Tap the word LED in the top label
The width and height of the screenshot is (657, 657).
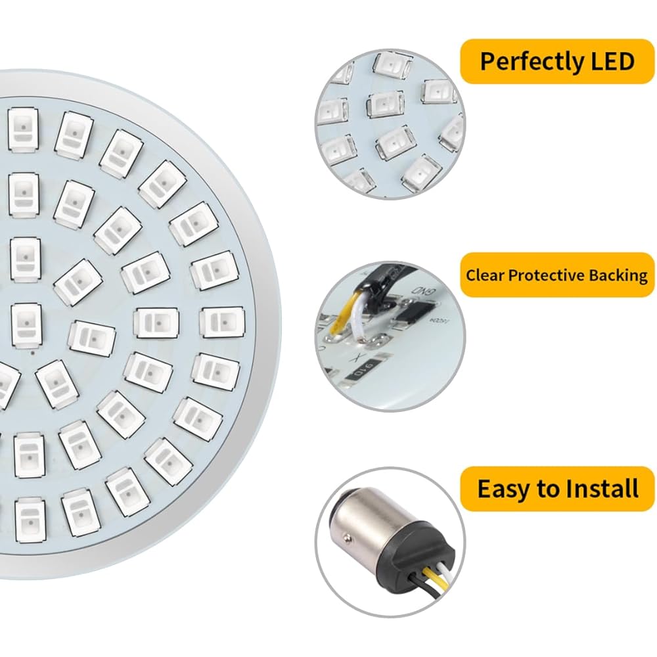coord(612,61)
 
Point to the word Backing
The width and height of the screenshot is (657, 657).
coord(618,276)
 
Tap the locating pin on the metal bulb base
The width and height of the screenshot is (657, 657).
coord(346,536)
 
